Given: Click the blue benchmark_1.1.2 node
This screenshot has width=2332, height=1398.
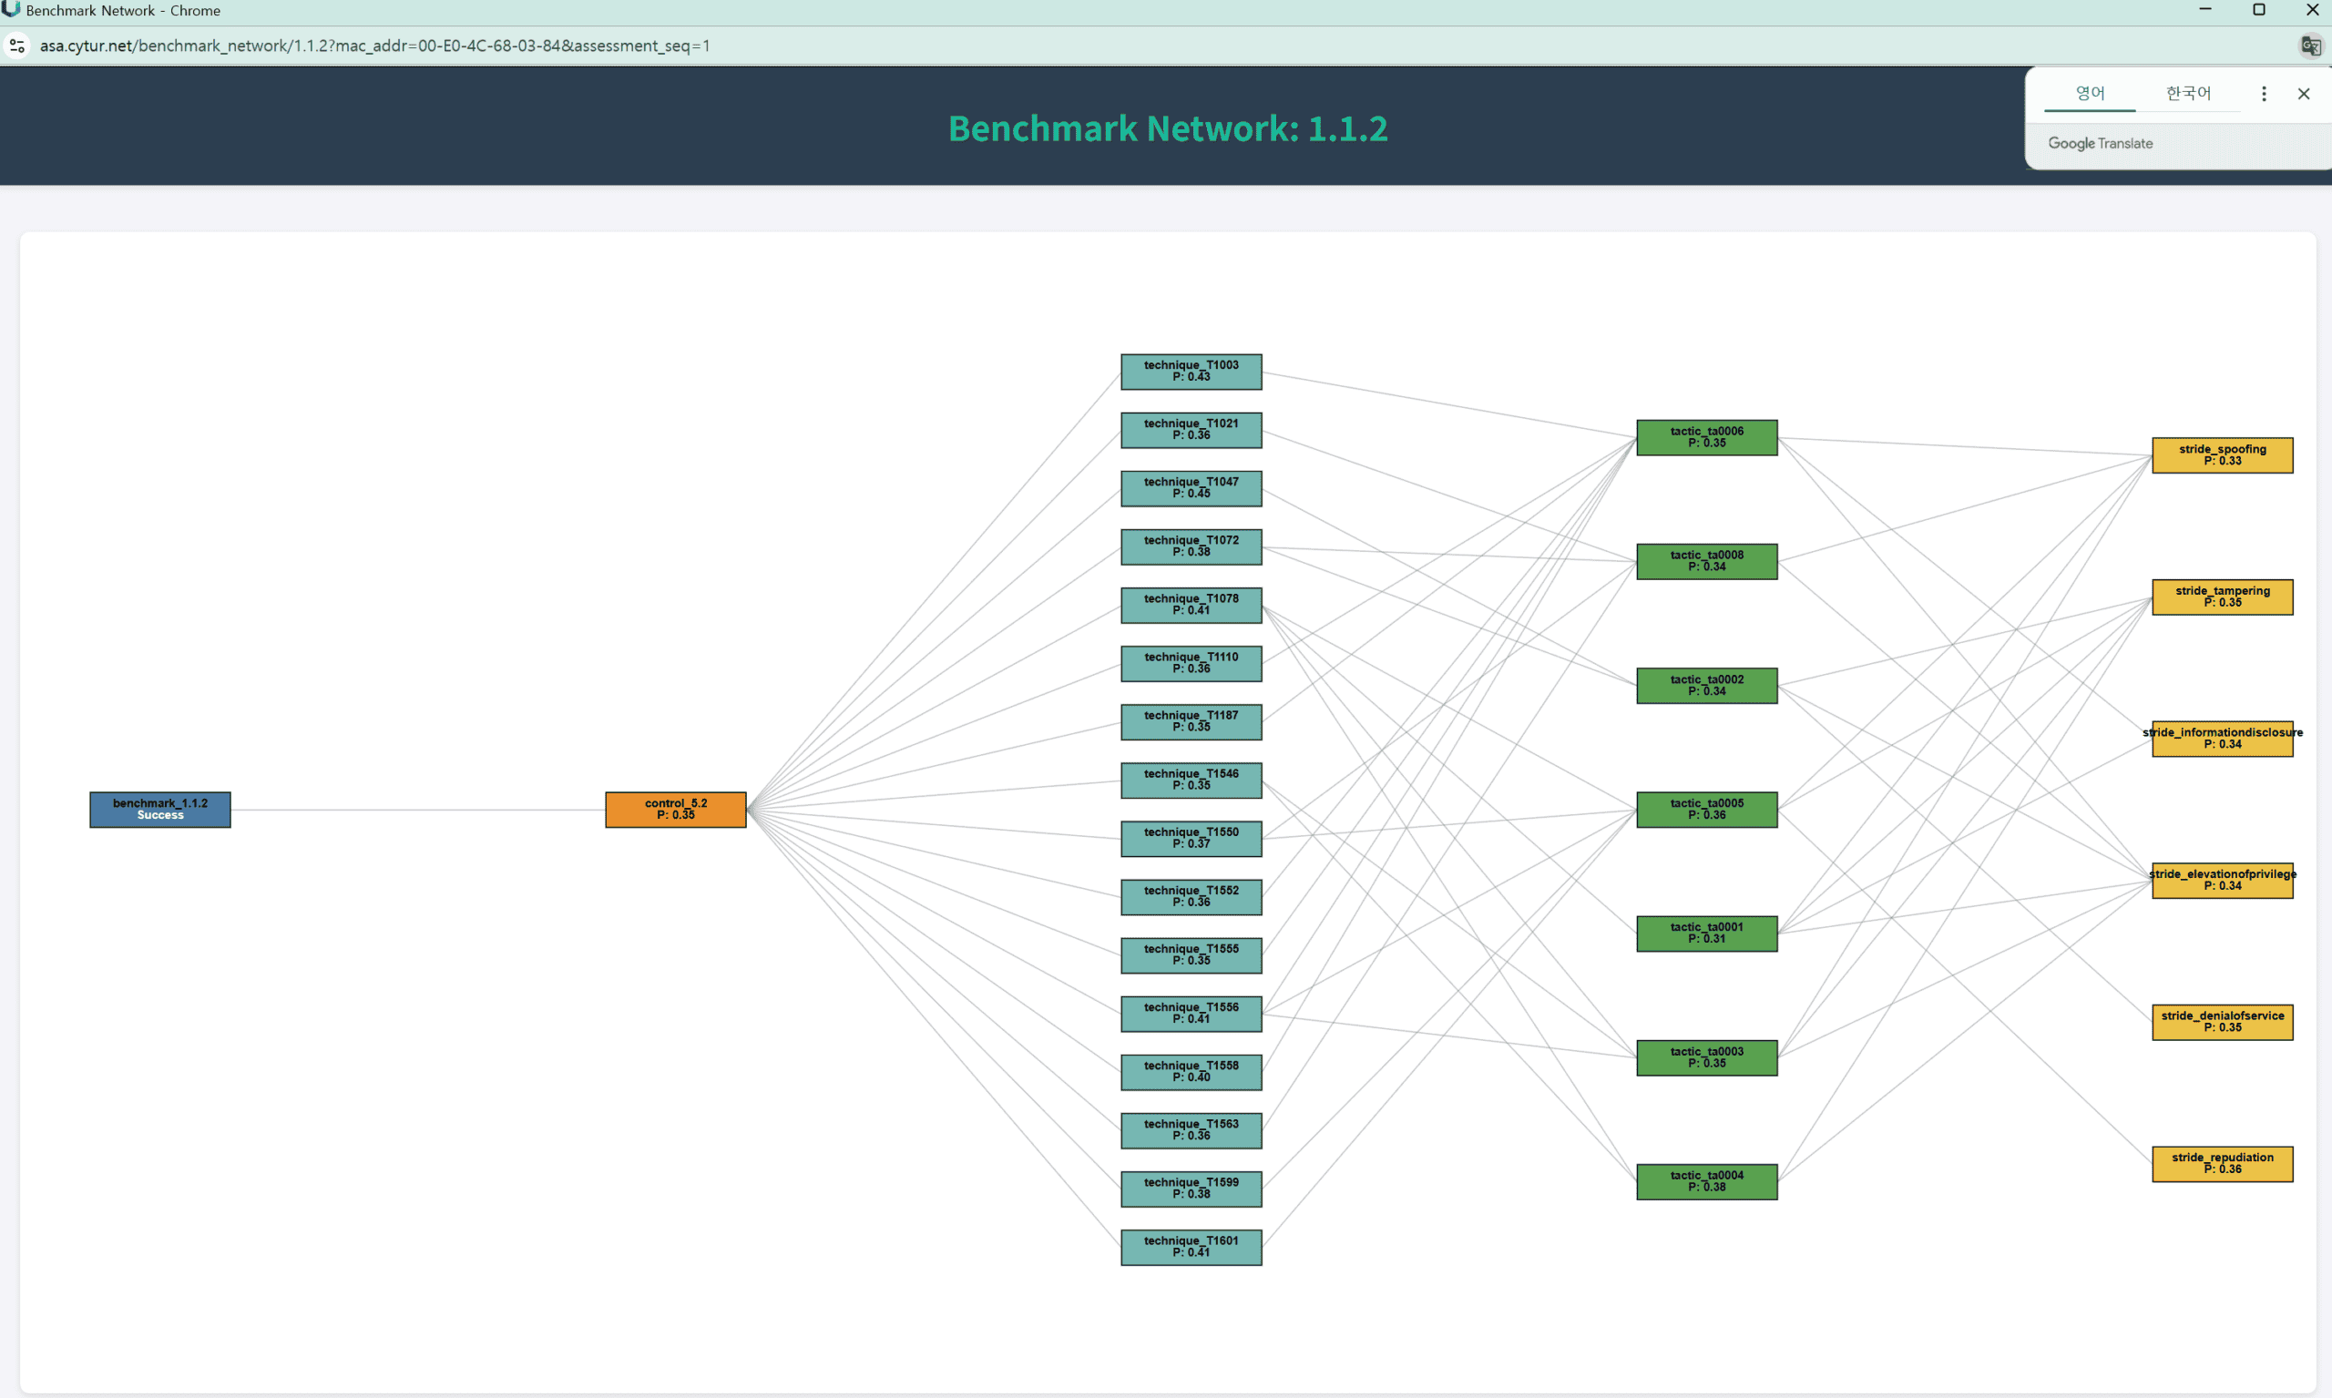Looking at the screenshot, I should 160,810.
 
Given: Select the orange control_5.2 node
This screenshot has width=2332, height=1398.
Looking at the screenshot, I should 676,810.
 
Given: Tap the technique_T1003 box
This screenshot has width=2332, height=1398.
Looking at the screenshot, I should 1191,372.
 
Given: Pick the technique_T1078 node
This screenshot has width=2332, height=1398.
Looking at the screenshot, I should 1191,605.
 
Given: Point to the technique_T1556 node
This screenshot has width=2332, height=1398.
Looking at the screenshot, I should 1191,1014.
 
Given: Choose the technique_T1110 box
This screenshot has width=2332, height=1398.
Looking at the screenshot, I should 1191,663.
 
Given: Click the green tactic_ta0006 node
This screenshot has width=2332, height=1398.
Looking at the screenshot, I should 1706,437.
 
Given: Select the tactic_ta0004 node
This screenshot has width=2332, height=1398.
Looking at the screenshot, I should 1706,1181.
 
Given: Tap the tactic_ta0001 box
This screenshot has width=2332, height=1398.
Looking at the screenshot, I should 1706,934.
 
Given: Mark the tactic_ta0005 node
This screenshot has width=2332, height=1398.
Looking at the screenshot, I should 1706,810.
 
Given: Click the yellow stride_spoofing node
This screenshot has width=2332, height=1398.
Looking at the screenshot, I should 2222,455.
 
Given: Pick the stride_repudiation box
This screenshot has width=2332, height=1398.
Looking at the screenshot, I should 2222,1163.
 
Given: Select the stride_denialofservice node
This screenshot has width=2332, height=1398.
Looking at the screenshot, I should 2222,1022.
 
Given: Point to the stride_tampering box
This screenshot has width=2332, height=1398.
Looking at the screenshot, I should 2222,597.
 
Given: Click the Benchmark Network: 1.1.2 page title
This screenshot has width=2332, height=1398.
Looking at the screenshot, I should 1167,128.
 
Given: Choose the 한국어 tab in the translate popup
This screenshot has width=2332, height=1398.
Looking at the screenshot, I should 2188,93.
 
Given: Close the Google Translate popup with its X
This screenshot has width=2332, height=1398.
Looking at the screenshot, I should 2304,93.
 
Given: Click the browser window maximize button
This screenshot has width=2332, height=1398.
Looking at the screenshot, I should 2258,10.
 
